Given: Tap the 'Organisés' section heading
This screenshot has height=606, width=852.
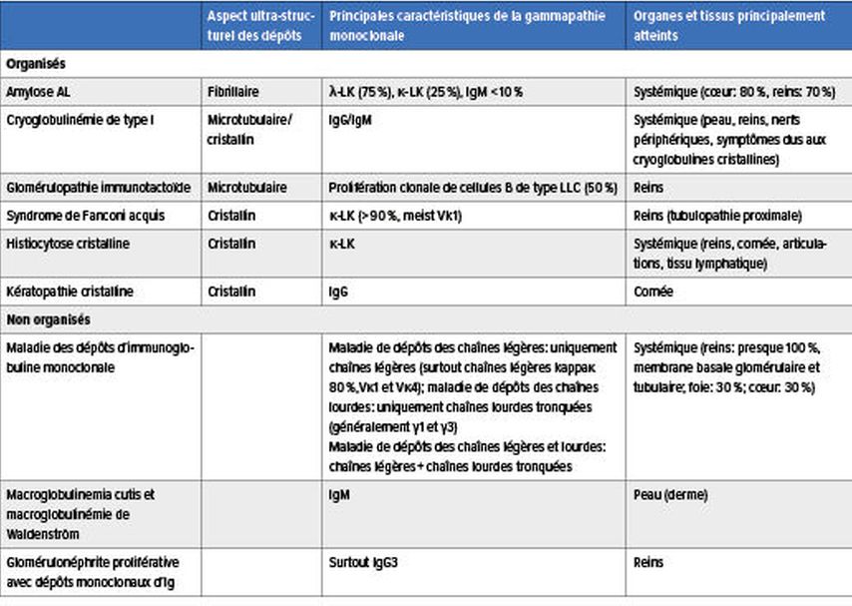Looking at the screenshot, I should click(x=36, y=63).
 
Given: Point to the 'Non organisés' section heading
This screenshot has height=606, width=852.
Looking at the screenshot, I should click(x=48, y=320).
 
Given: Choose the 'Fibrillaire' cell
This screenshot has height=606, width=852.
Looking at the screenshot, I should click(x=232, y=91).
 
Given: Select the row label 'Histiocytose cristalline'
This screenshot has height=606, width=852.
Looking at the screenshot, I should click(x=70, y=243).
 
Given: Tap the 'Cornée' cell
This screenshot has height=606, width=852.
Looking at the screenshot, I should click(x=653, y=292).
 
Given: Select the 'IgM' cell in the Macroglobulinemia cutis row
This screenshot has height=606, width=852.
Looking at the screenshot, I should click(x=339, y=494).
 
